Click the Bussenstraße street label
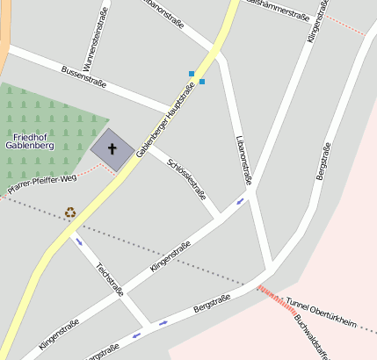coord(83,76)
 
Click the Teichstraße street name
coord(110,277)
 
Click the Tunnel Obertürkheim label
coord(321,314)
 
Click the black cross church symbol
coord(112,149)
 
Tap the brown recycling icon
coord(70,212)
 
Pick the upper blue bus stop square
coord(192,73)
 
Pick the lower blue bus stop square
coord(201,82)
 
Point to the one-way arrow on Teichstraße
coord(79,241)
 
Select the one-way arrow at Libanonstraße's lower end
coord(241,202)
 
